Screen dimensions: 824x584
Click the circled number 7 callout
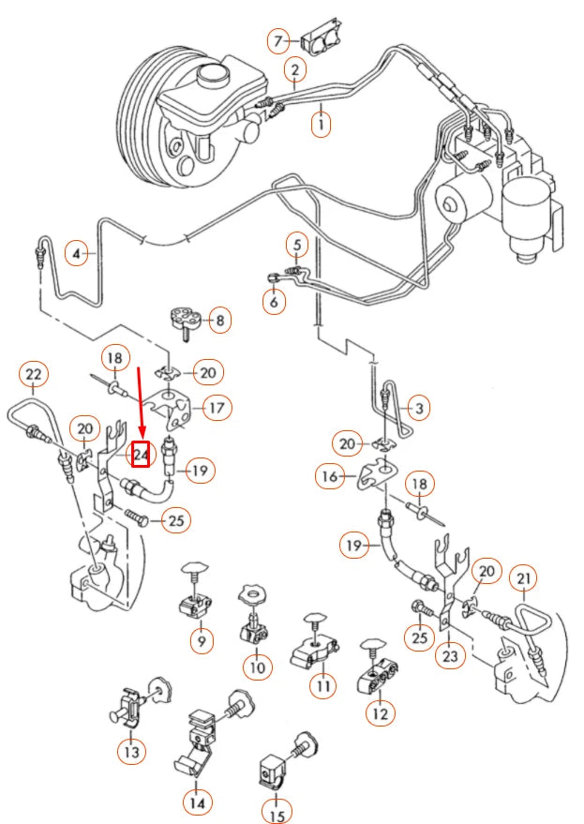pyautogui.click(x=277, y=40)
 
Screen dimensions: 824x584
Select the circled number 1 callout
pyautogui.click(x=322, y=124)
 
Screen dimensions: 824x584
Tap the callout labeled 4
pyautogui.click(x=78, y=252)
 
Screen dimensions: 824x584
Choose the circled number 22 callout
pyautogui.click(x=34, y=375)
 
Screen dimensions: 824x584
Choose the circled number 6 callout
pyautogui.click(x=274, y=304)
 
